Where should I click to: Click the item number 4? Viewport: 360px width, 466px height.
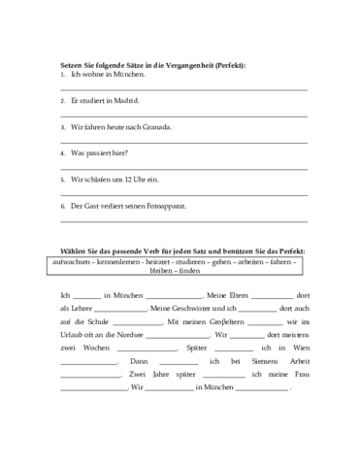[x=62, y=153]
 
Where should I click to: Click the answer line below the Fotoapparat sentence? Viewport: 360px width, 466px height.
[x=183, y=220]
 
